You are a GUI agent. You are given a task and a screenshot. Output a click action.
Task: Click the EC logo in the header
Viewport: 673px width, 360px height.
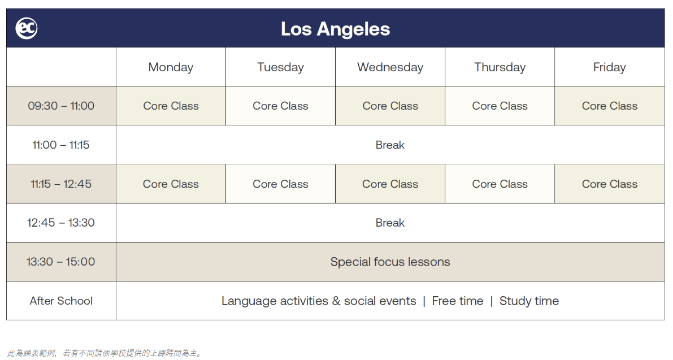click(x=27, y=28)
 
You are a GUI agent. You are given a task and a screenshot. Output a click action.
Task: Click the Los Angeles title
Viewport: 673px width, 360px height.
click(x=335, y=29)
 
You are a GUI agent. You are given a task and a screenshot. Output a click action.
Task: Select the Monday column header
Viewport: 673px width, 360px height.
click(x=171, y=67)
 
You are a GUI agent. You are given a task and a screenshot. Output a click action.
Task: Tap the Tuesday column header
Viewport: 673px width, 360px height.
click(x=280, y=67)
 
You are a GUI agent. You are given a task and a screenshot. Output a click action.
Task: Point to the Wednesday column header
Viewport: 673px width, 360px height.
click(x=390, y=67)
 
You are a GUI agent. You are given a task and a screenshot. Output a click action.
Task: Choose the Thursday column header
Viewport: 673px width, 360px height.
click(x=500, y=67)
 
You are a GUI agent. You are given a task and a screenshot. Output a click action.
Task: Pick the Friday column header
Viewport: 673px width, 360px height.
click(x=610, y=67)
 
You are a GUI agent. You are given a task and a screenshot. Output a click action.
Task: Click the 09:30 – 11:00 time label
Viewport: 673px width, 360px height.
click(x=61, y=106)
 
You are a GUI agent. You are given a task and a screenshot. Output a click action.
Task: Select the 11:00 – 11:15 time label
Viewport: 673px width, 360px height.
click(x=61, y=145)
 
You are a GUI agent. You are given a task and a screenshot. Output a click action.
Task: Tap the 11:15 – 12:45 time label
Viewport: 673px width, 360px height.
click(x=61, y=184)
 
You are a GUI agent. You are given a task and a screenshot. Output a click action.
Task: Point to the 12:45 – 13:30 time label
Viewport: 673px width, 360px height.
click(x=61, y=223)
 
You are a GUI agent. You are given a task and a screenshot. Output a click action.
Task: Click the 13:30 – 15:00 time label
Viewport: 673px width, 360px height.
click(x=61, y=262)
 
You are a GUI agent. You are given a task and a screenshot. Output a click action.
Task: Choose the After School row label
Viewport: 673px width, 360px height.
click(x=61, y=301)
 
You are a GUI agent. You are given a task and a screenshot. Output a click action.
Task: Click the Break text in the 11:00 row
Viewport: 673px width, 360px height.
click(x=390, y=145)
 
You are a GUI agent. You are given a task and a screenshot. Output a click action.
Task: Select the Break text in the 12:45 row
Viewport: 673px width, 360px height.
click(x=390, y=223)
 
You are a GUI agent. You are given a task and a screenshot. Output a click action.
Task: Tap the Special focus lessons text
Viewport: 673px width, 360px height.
click(x=390, y=262)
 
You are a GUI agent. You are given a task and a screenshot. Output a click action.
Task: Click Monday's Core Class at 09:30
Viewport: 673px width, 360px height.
click(x=171, y=106)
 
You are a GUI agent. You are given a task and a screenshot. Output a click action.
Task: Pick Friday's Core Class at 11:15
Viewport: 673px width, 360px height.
click(x=610, y=184)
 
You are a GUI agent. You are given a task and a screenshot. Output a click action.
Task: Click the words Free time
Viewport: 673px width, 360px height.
click(x=458, y=301)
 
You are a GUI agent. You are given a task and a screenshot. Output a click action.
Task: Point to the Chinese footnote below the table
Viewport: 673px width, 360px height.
click(x=105, y=353)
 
